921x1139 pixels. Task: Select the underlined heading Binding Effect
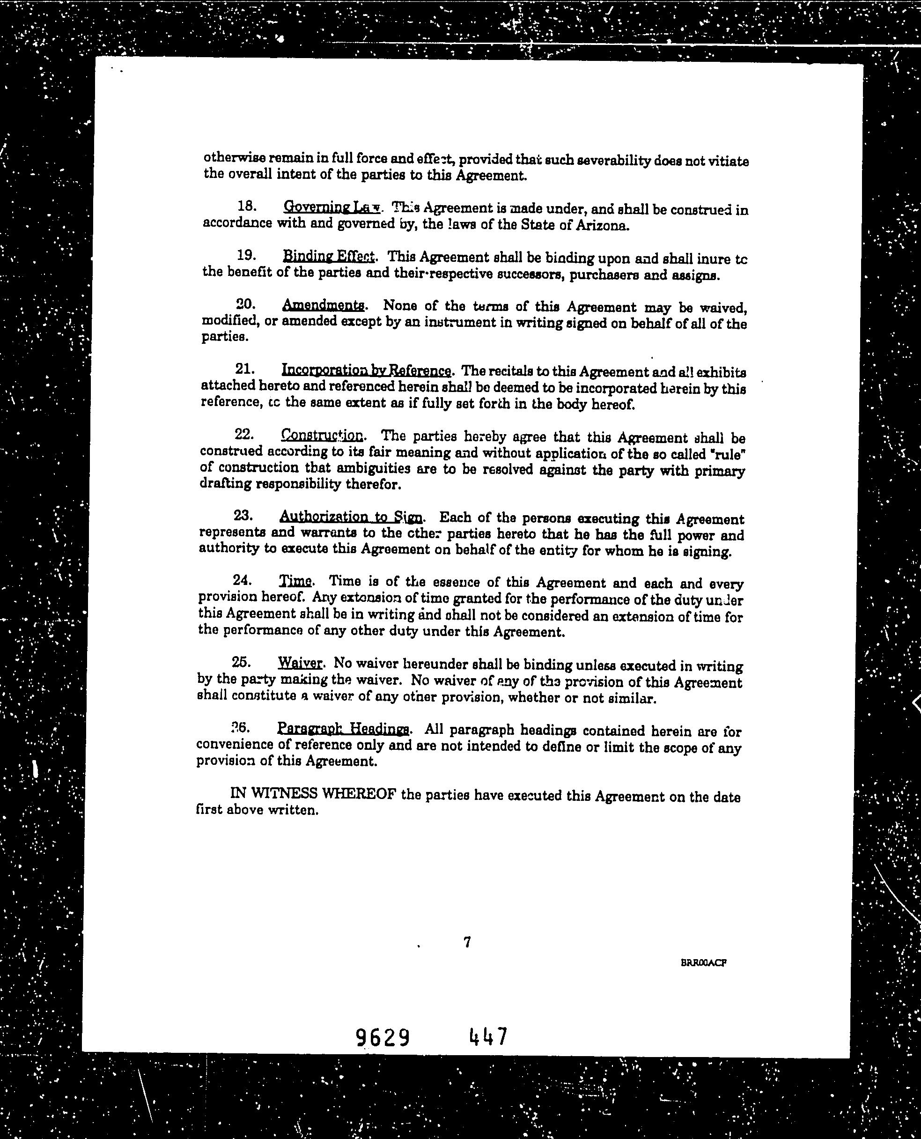[x=329, y=256]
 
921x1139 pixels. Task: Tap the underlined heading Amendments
[x=323, y=305]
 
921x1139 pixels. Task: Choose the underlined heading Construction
[x=322, y=436]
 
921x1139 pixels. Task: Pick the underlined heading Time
[x=295, y=581]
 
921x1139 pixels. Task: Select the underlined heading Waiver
[x=300, y=663]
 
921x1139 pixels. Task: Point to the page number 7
[x=467, y=942]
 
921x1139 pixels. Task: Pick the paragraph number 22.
[x=244, y=435]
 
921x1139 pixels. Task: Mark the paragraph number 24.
[x=242, y=580]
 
